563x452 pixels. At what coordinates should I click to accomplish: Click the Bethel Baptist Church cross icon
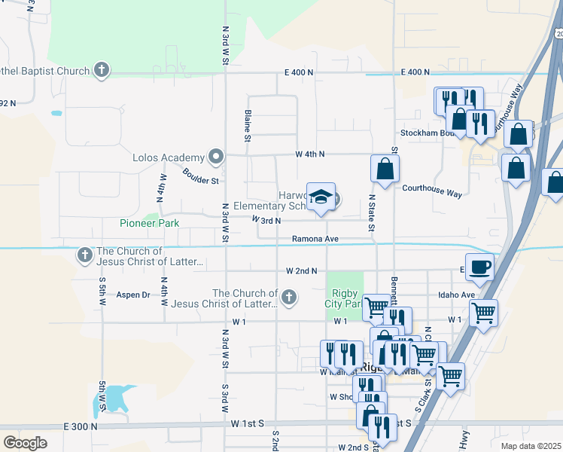pyautogui.click(x=102, y=71)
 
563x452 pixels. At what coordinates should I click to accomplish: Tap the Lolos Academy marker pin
pyautogui.click(x=216, y=157)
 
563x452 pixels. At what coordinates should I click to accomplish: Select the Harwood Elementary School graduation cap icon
pyautogui.click(x=321, y=197)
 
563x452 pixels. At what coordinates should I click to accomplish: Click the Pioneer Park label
pyautogui.click(x=149, y=223)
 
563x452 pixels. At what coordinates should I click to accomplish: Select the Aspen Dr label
pyautogui.click(x=132, y=295)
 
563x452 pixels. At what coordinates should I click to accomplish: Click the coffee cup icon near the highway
pyautogui.click(x=479, y=266)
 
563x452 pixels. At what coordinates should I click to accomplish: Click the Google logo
pyautogui.click(x=25, y=443)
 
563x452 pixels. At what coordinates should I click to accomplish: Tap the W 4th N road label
pyautogui.click(x=310, y=154)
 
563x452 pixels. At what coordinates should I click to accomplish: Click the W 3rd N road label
pyautogui.click(x=266, y=221)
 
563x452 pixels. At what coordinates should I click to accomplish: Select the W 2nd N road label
pyautogui.click(x=301, y=270)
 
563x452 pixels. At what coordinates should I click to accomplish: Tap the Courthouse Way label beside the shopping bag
pyautogui.click(x=431, y=193)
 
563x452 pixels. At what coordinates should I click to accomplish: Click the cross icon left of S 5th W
pyautogui.click(x=84, y=256)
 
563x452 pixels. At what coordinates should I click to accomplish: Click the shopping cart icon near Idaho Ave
pyautogui.click(x=483, y=311)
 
